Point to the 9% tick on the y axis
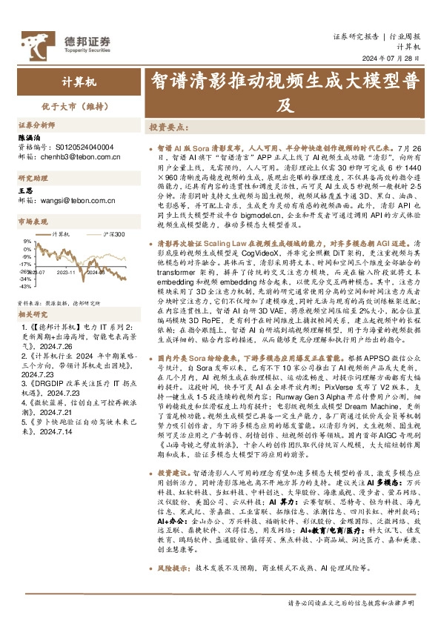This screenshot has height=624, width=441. click(27, 242)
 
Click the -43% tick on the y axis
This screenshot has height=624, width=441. click(26, 285)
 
